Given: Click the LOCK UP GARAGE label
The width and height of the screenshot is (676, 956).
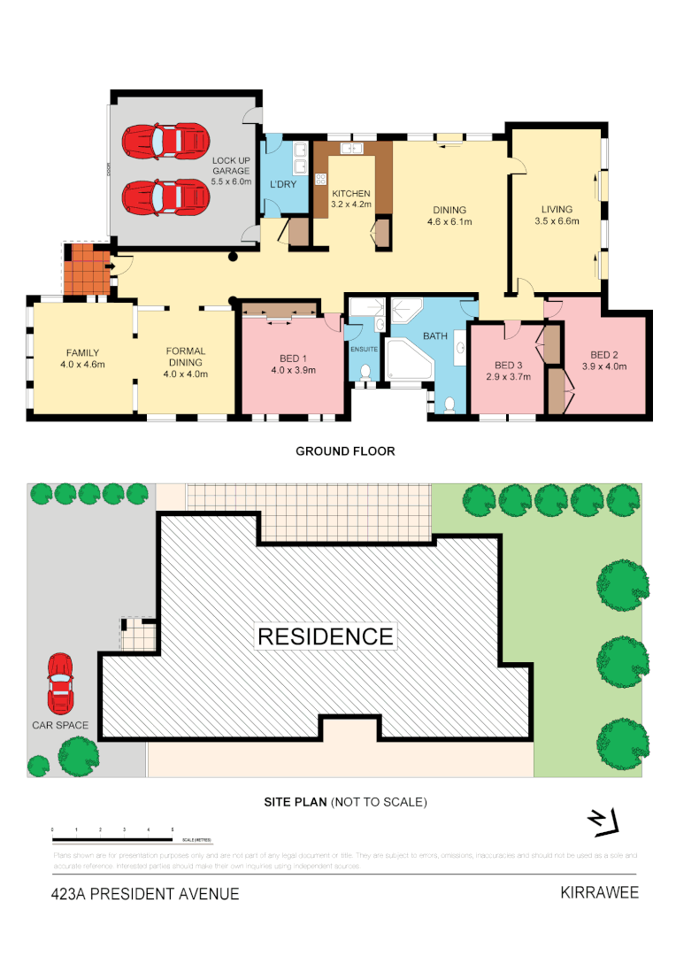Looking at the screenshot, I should pos(230,170).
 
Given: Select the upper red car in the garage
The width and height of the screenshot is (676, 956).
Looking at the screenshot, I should pos(165,140).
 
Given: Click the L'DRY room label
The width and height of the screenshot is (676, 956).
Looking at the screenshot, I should pos(282,184).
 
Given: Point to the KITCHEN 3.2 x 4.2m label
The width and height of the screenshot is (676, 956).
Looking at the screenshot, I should pos(351,199).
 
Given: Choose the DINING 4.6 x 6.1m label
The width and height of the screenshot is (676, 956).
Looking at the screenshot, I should pos(449,216).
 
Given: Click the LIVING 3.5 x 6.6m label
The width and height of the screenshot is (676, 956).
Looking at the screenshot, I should pos(560,216).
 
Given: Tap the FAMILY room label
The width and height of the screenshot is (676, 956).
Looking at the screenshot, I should pos(82,358).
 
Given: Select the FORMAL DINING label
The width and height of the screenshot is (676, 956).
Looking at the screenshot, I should pos(185,362).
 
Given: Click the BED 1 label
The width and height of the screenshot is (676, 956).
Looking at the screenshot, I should pos(292,364).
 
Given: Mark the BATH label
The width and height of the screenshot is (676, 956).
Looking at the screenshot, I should pos(434,336).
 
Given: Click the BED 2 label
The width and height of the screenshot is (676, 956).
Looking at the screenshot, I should pos(603,359).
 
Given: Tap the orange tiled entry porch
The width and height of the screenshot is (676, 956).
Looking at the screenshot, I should pos(86,270).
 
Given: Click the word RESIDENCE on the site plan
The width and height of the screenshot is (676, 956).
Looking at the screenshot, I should pos(326,636).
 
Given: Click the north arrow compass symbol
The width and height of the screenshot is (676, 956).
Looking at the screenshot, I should pos(604,822).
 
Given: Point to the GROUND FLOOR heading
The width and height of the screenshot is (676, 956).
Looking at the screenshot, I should pos(345,451).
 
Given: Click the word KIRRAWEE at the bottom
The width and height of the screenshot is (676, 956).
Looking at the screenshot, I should pos(599,892).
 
